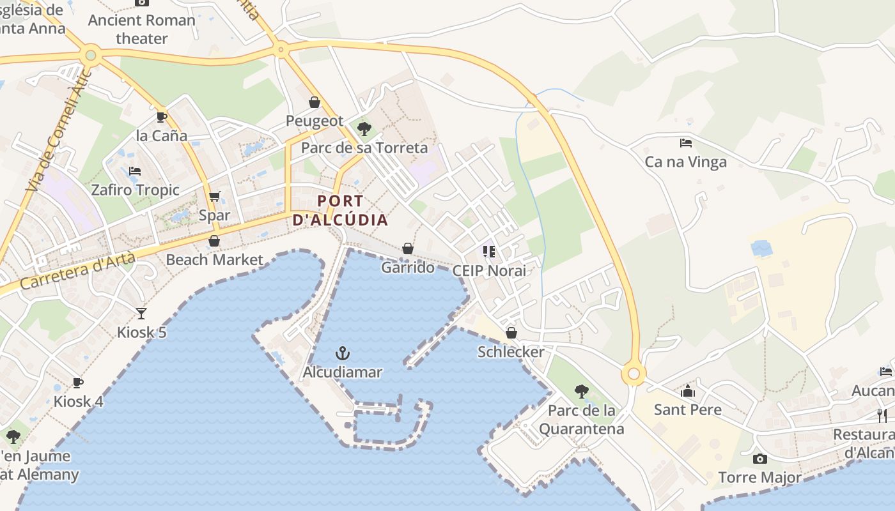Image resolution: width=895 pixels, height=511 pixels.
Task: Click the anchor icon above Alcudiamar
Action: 343,353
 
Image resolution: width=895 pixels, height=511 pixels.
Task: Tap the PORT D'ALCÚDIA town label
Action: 340,211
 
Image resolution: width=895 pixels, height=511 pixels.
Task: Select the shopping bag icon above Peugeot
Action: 315,102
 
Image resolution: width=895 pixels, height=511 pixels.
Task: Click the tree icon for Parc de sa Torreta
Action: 364,129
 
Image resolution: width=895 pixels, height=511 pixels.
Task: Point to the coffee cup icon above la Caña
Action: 161,117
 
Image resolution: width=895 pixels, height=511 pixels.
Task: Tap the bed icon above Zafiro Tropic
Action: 135,171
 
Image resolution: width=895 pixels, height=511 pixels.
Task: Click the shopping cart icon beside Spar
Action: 215,197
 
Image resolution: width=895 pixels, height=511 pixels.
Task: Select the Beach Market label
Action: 214,260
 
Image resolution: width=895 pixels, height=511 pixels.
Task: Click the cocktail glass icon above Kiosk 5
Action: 141,314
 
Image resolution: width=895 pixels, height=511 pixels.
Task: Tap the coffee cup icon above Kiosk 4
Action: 78,383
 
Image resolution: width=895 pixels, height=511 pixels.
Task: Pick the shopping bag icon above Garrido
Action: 408,248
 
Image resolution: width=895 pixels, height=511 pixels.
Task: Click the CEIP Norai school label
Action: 489,271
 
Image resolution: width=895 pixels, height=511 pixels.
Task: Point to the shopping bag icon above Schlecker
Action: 511,333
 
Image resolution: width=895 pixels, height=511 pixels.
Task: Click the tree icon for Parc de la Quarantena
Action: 581,391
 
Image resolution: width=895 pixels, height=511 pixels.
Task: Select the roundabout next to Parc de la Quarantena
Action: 634,374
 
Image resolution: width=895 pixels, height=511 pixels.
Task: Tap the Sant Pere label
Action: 687,410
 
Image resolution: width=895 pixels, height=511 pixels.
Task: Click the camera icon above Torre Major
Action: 759,459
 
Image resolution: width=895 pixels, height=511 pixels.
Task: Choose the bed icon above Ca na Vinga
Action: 686,143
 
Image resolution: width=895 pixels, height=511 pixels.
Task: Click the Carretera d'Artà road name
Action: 78,271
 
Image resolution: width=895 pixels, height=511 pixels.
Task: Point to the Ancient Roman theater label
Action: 141,29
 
